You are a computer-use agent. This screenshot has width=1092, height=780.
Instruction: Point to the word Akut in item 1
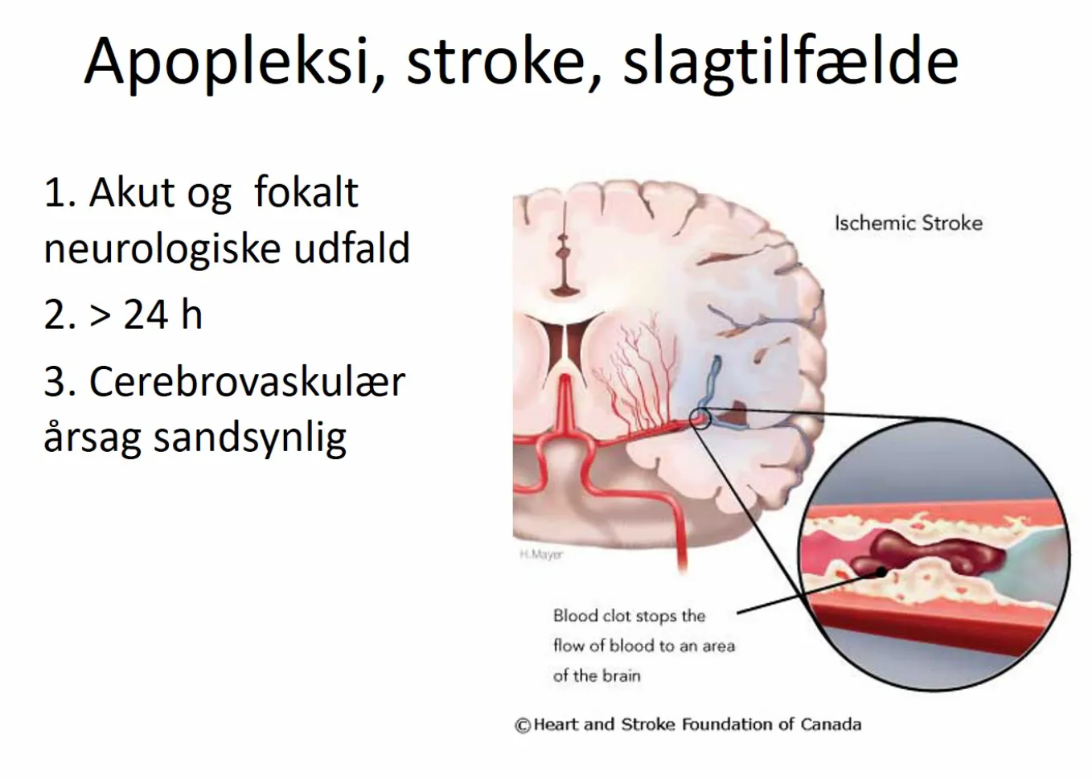tap(132, 192)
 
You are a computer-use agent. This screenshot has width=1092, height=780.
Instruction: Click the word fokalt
tap(306, 191)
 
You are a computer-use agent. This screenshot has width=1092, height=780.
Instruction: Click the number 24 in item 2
tap(146, 315)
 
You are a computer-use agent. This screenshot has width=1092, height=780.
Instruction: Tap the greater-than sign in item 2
tap(101, 316)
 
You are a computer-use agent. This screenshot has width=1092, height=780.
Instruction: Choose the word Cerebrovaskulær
tap(247, 382)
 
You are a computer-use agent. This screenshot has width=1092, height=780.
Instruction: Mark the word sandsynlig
tap(250, 438)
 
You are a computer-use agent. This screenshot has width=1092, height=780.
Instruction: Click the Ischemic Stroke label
tap(909, 224)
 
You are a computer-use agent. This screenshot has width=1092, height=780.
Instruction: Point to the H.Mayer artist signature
tap(541, 554)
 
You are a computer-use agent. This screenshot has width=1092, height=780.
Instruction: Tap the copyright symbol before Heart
tap(523, 725)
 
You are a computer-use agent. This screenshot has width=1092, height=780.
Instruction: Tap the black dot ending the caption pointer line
tap(881, 573)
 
